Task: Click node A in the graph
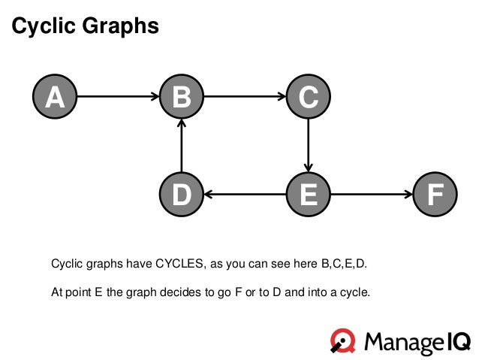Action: [x=55, y=97]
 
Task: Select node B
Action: [x=182, y=97]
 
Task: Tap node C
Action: [x=308, y=97]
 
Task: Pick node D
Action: [x=182, y=194]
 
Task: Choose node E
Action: [x=308, y=194]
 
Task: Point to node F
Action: [x=434, y=194]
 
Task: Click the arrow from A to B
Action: [x=118, y=97]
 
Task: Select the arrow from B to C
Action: [x=245, y=97]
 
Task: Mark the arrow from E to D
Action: [x=245, y=194]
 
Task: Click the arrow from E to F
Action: [x=371, y=194]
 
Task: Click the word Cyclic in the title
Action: [x=45, y=27]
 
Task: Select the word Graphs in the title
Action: [x=122, y=27]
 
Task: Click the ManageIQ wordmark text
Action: [x=417, y=343]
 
